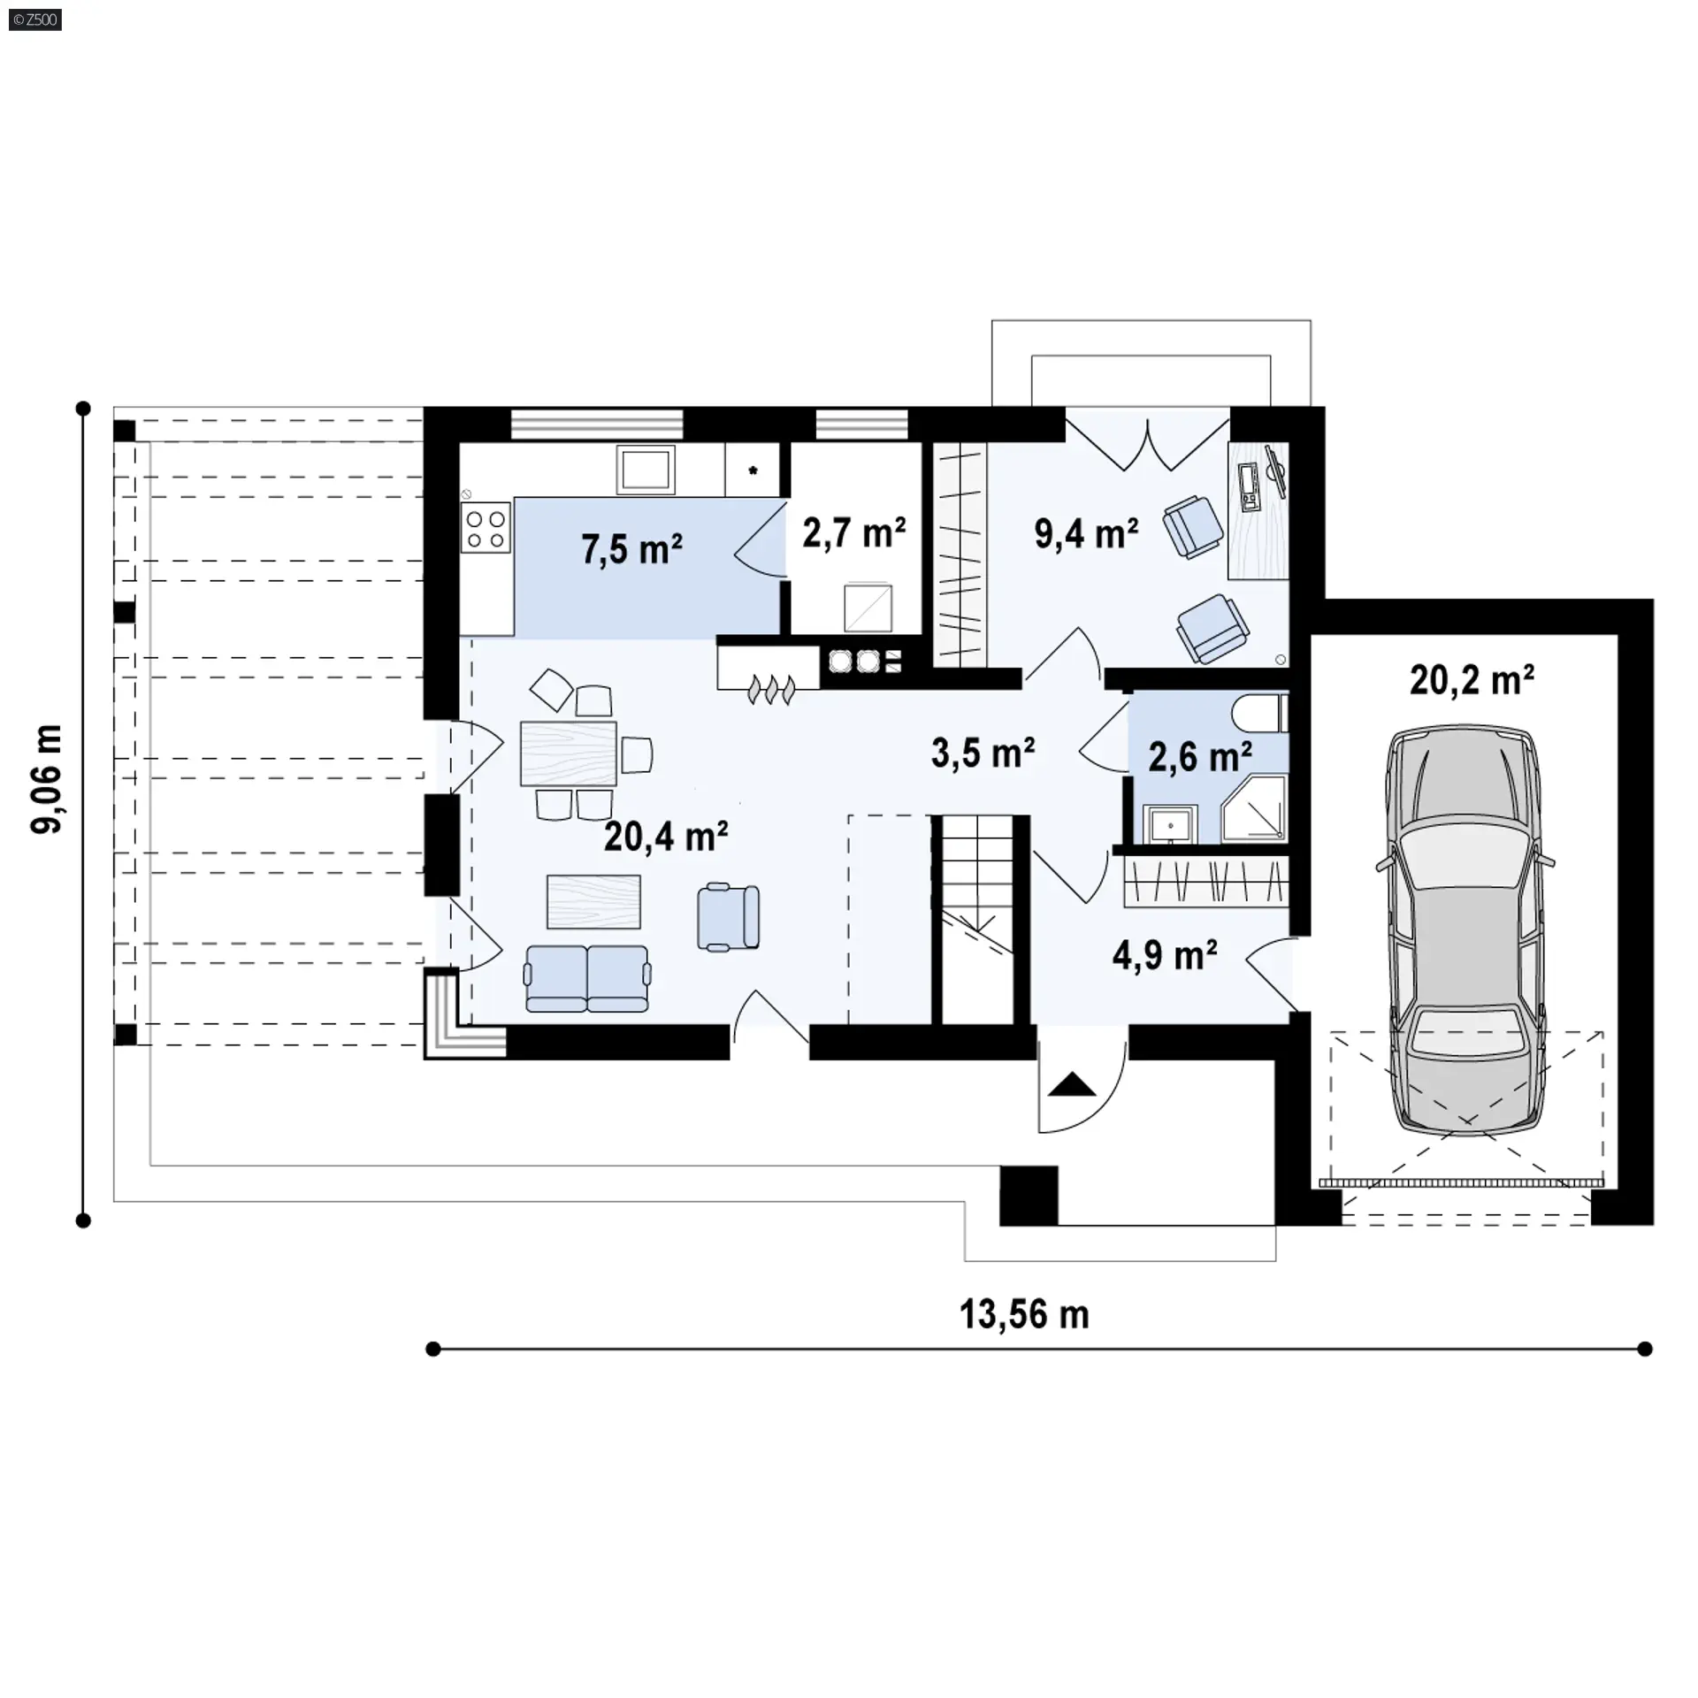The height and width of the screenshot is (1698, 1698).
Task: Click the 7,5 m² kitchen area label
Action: pyautogui.click(x=631, y=549)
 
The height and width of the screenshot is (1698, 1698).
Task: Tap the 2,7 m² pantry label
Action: pyautogui.click(x=854, y=533)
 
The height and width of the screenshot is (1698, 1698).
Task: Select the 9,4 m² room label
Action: pyautogui.click(x=1086, y=534)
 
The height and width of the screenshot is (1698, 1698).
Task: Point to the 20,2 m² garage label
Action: pyautogui.click(x=1472, y=680)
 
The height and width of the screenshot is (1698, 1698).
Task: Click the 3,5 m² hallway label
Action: pyautogui.click(x=983, y=753)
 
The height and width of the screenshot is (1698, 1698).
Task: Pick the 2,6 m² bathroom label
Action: pyautogui.click(x=1200, y=757)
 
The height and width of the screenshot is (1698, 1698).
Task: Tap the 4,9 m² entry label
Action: pyautogui.click(x=1165, y=956)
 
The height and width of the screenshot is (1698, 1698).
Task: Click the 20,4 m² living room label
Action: pyautogui.click(x=666, y=836)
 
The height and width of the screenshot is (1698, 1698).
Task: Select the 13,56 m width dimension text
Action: pyautogui.click(x=1024, y=1315)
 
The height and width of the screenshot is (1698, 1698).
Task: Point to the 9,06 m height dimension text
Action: pyautogui.click(x=47, y=778)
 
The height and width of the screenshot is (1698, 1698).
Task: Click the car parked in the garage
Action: pyautogui.click(x=1465, y=929)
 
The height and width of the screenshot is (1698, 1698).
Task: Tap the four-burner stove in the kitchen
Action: pyautogui.click(x=486, y=528)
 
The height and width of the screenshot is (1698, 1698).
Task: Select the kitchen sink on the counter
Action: pyautogui.click(x=646, y=469)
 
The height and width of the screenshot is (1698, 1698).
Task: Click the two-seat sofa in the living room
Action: pyautogui.click(x=587, y=978)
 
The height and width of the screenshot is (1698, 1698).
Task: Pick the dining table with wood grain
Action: pyautogui.click(x=569, y=753)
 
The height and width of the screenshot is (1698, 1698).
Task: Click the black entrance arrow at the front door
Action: pyautogui.click(x=1073, y=1084)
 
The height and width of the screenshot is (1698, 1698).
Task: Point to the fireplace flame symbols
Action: pyautogui.click(x=772, y=690)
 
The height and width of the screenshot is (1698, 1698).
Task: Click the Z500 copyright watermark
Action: pyautogui.click(x=35, y=19)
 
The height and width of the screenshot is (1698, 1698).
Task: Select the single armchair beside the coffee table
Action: pyautogui.click(x=728, y=918)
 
